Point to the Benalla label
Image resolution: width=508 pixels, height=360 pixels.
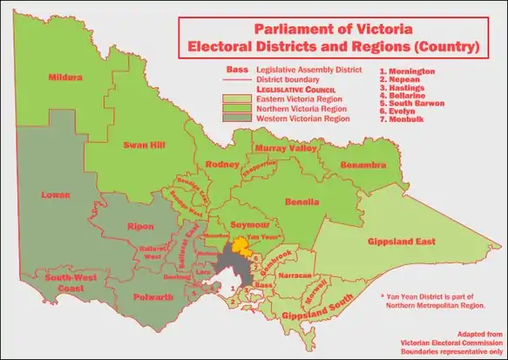[301, 201]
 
